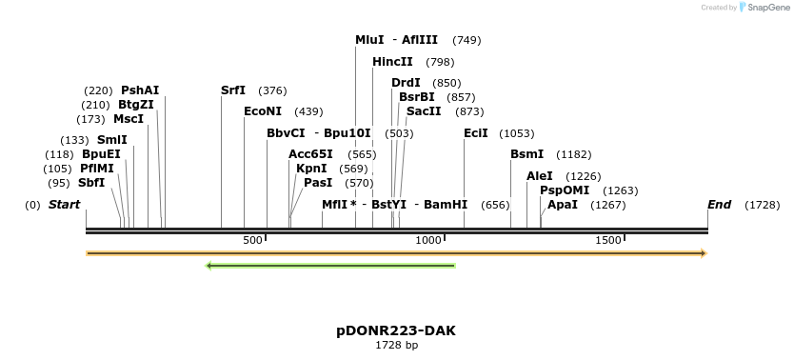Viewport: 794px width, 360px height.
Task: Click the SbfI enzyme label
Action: click(91, 183)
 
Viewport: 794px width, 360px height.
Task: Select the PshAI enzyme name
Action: click(140, 90)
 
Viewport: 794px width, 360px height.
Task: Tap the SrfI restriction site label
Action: click(233, 90)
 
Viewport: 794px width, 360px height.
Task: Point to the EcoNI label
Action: click(263, 111)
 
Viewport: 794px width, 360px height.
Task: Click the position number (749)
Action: click(466, 40)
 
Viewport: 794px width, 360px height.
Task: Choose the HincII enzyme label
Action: click(392, 62)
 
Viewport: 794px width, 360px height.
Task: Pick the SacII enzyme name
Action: click(424, 111)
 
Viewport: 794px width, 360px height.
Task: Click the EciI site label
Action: click(476, 133)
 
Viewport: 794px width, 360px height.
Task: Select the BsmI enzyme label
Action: click(527, 154)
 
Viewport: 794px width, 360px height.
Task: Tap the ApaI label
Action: click(563, 205)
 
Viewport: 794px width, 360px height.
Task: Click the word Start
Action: click(64, 205)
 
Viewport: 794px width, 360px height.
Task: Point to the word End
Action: click(719, 205)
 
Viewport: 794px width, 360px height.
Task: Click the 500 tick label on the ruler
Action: click(252, 241)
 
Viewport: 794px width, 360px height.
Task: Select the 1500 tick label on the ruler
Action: click(608, 241)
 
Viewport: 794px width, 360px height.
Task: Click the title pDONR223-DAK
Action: click(396, 330)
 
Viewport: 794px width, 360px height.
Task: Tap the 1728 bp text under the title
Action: click(396, 346)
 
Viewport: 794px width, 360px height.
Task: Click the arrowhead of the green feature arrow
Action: click(209, 265)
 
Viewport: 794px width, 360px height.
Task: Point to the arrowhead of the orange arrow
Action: click(704, 253)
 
